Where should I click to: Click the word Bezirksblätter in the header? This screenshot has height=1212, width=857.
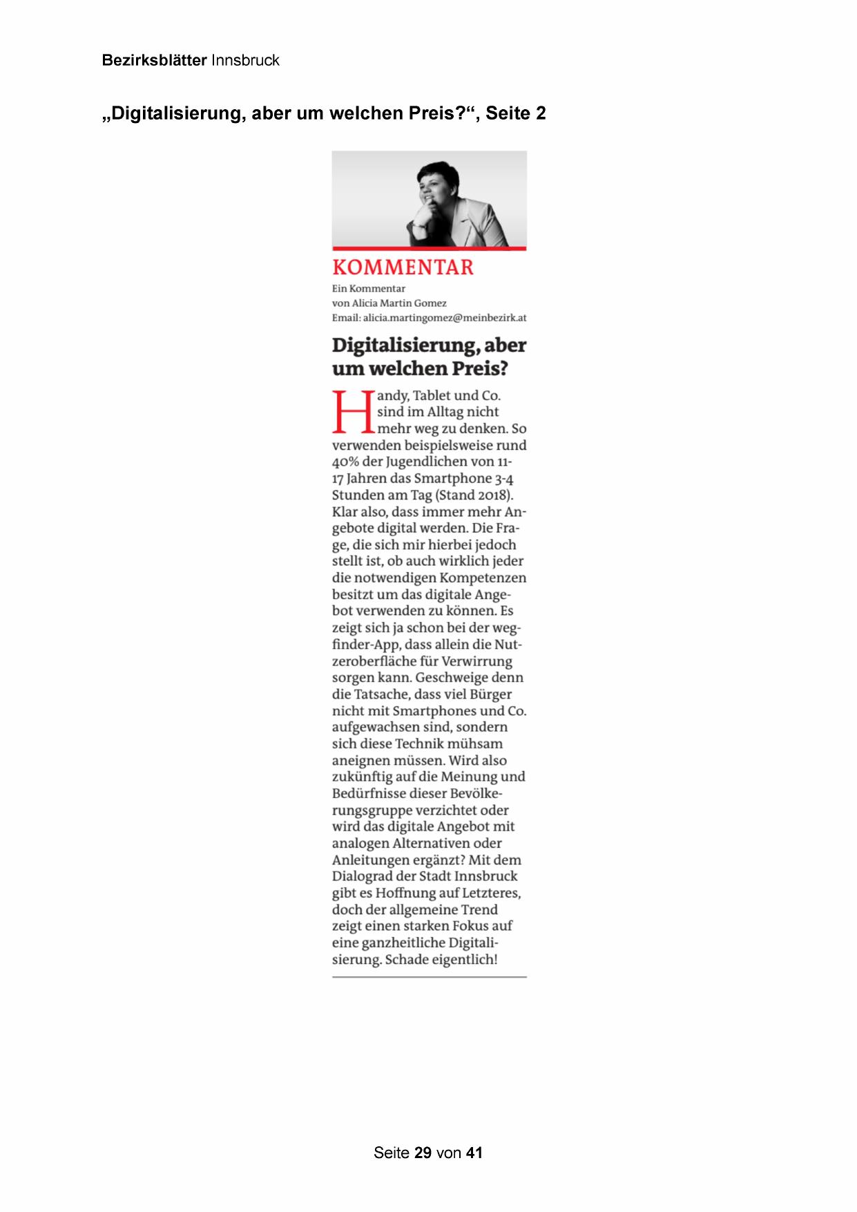(154, 60)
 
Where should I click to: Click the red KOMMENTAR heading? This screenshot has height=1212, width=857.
(403, 267)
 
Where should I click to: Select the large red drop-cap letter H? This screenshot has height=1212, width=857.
(352, 413)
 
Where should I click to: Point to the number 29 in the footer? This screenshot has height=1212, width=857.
(423, 1153)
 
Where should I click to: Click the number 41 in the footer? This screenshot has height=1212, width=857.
(474, 1153)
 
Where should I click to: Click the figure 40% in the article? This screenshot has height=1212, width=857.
(345, 462)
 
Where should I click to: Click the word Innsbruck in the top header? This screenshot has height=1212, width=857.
(245, 60)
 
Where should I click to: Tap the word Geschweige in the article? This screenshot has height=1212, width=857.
(451, 678)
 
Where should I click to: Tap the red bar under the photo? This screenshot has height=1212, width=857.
(429, 248)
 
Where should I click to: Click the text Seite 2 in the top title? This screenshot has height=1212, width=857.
(515, 113)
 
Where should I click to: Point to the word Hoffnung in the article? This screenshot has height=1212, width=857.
(405, 893)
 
